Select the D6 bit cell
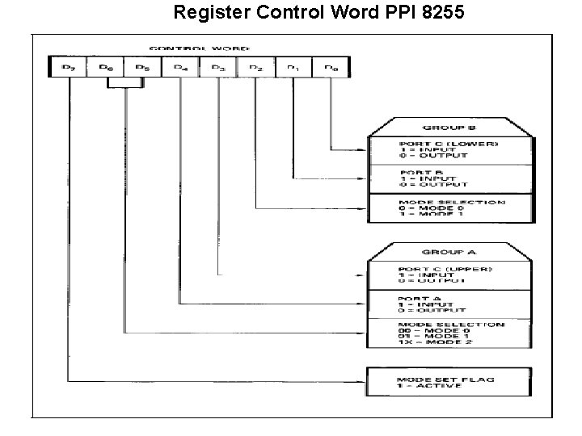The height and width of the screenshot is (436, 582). pyautogui.click(x=105, y=68)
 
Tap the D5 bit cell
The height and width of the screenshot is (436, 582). pyautogui.click(x=142, y=68)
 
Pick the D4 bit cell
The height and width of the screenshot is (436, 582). pyautogui.click(x=180, y=68)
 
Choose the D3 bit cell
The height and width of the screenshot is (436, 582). pyautogui.click(x=217, y=68)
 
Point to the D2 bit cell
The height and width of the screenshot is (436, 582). pyautogui.click(x=255, y=68)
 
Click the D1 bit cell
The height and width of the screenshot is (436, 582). pyautogui.click(x=293, y=68)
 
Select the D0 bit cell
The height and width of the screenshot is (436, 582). pyautogui.click(x=330, y=68)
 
